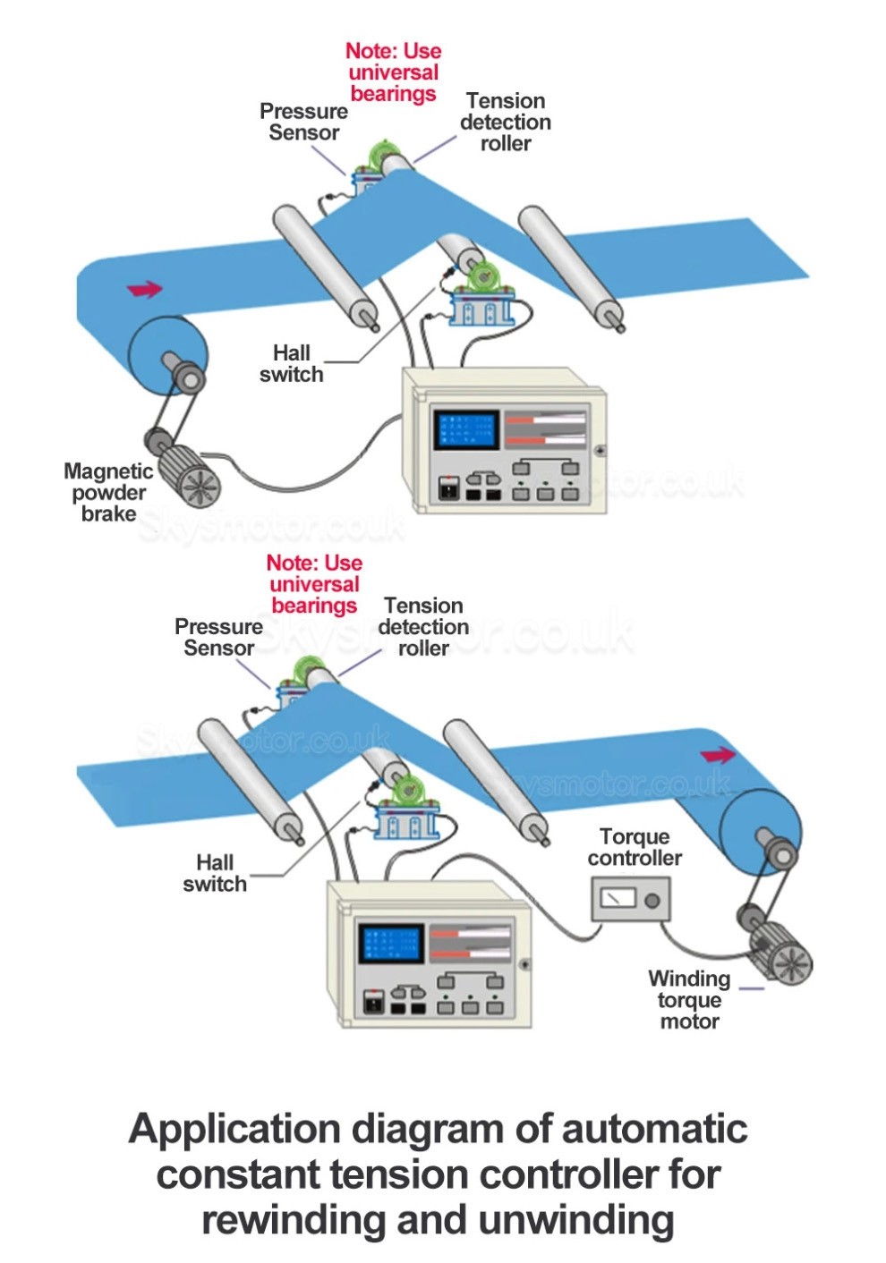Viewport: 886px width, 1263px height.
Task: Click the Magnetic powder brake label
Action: click(x=107, y=492)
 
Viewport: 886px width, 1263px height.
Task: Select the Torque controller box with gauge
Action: click(x=630, y=899)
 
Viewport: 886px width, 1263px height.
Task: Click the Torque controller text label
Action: click(x=635, y=847)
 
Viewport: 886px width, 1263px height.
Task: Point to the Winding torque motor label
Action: click(x=689, y=999)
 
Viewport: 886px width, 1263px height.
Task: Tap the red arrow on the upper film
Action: click(x=145, y=289)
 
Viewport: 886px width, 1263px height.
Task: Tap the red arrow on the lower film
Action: click(x=718, y=756)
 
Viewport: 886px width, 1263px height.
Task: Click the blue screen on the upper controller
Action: click(x=466, y=430)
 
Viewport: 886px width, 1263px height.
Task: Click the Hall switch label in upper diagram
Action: click(x=292, y=364)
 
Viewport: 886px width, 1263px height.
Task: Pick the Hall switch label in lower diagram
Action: click(x=215, y=873)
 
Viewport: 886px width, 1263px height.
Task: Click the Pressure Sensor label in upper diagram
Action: click(x=303, y=122)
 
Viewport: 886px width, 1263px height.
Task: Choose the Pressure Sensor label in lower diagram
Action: click(x=218, y=637)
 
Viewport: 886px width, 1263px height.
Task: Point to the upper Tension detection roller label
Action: click(x=506, y=122)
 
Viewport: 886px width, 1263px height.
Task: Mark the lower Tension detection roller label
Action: click(x=423, y=627)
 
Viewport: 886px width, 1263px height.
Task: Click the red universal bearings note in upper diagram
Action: click(x=393, y=72)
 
